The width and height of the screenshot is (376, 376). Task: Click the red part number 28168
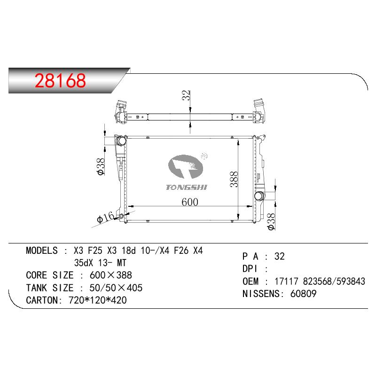pyautogui.click(x=60, y=80)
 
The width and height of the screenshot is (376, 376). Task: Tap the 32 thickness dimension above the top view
pyautogui.click(x=186, y=95)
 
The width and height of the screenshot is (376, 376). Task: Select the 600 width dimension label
pyautogui.click(x=190, y=202)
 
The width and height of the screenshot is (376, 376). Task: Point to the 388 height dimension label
pyautogui.click(x=234, y=179)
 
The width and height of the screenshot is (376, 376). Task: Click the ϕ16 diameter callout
pyautogui.click(x=105, y=217)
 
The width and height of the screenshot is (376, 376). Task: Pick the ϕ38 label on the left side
pyautogui.click(x=101, y=166)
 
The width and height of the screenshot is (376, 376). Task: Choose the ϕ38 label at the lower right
pyautogui.click(x=272, y=221)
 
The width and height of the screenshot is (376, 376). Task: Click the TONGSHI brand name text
pyautogui.click(x=186, y=187)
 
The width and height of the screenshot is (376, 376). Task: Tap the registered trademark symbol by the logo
pyautogui.click(x=204, y=156)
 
